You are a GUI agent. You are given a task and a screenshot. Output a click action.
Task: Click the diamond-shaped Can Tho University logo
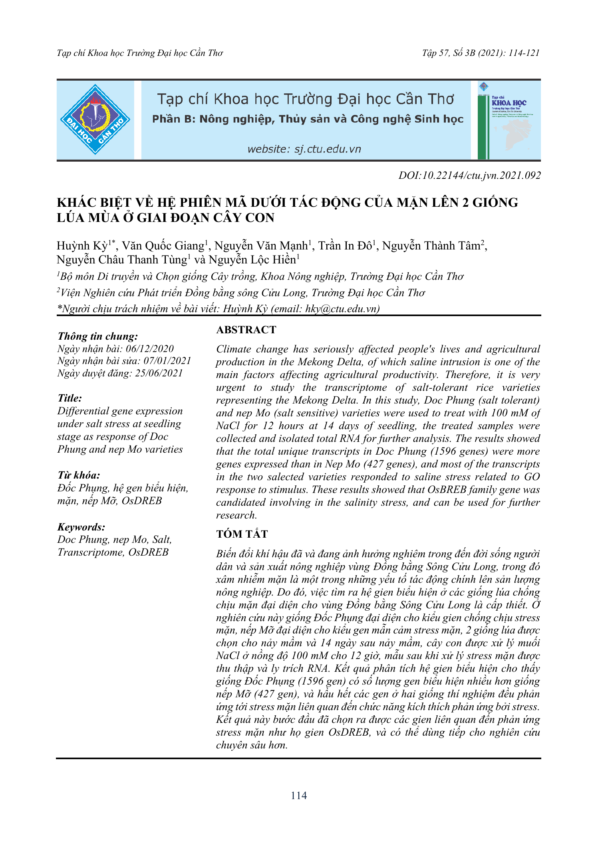click(95, 119)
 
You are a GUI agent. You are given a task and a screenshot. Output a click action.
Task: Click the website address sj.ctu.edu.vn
click(304, 149)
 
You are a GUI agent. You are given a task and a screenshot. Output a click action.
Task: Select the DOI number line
click(469, 176)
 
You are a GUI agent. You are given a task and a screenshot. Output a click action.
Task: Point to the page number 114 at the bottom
click(299, 796)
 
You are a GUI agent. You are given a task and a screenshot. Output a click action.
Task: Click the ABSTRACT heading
click(246, 330)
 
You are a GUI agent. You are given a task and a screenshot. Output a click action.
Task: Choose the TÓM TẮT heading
click(242, 534)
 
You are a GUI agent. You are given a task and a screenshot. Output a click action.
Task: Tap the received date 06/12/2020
click(150, 348)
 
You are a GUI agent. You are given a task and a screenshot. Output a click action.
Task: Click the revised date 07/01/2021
click(167, 361)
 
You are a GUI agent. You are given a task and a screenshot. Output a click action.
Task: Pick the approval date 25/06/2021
click(159, 373)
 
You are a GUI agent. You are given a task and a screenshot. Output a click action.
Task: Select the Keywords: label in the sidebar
click(81, 527)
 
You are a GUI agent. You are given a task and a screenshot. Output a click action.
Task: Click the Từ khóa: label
click(79, 475)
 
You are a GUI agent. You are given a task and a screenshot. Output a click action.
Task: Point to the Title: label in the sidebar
click(70, 398)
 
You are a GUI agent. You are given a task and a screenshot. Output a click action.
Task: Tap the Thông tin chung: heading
click(98, 336)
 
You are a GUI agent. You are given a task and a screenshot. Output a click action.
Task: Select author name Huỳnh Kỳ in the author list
click(82, 246)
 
